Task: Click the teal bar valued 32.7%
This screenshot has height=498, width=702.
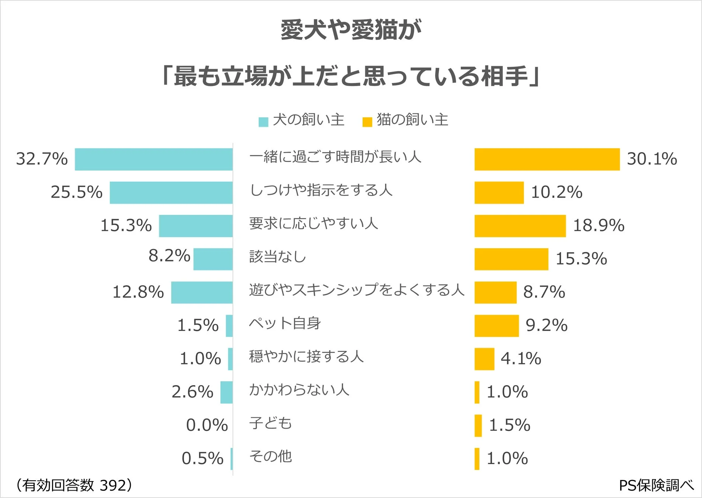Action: point(154,159)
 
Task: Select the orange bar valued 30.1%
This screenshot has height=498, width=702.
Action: point(547,159)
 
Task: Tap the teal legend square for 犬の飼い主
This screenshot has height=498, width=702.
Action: point(263,122)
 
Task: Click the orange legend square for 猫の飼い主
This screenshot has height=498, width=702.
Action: point(367,122)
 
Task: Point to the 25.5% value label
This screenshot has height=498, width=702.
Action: point(77,192)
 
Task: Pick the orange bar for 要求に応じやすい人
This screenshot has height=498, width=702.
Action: point(520,226)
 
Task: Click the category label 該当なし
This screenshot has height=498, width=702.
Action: point(277,256)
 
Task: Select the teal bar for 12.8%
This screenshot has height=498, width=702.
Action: point(202,293)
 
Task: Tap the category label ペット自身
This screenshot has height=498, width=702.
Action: point(284,323)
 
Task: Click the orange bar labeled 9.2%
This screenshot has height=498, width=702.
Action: point(496,326)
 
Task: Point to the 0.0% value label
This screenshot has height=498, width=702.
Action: point(207,425)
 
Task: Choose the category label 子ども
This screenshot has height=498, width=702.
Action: point(270,423)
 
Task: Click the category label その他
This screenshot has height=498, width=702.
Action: point(270,456)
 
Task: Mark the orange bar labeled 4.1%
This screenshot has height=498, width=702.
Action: point(484,359)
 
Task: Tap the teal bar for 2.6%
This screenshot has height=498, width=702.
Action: point(226,392)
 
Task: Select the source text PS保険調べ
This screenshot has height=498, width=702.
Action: point(656,485)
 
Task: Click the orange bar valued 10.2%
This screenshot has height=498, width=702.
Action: point(499,193)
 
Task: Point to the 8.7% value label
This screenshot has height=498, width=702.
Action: point(544,292)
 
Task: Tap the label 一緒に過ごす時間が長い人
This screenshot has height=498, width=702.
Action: point(335,157)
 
